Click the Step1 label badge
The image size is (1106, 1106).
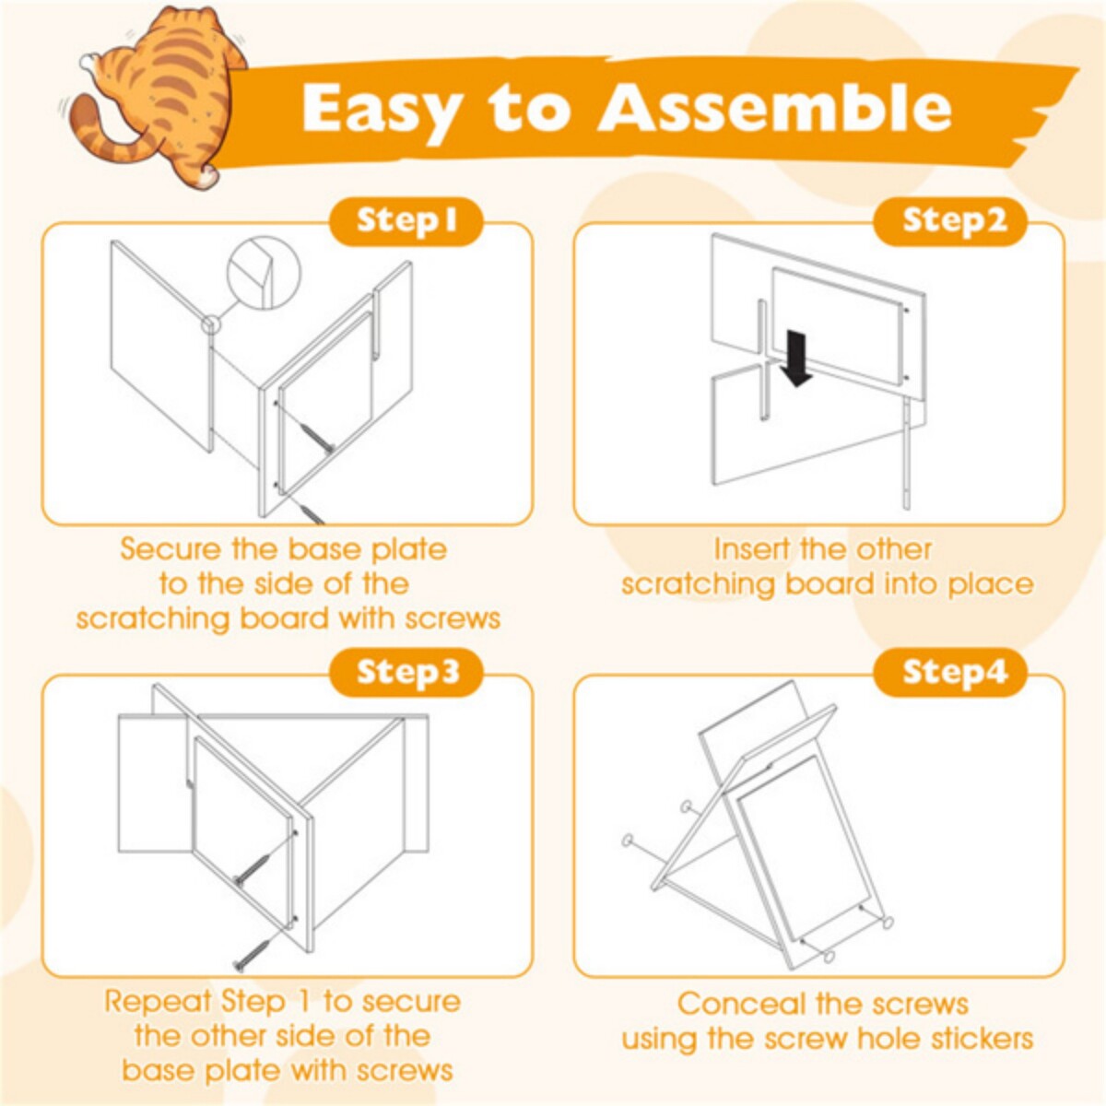coord(406,221)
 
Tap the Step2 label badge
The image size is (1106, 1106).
coord(949,221)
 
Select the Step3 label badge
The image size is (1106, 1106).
coord(406,672)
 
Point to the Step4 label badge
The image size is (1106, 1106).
coord(949,672)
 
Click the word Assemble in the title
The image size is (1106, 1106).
coord(775,109)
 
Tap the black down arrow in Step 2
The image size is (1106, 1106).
coord(796,359)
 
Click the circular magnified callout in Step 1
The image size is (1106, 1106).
coord(264,273)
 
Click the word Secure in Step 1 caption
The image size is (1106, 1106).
coord(171,549)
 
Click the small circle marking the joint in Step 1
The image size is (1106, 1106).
coord(211,324)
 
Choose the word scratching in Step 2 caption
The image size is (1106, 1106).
coord(698,584)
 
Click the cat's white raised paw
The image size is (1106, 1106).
coord(89,62)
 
